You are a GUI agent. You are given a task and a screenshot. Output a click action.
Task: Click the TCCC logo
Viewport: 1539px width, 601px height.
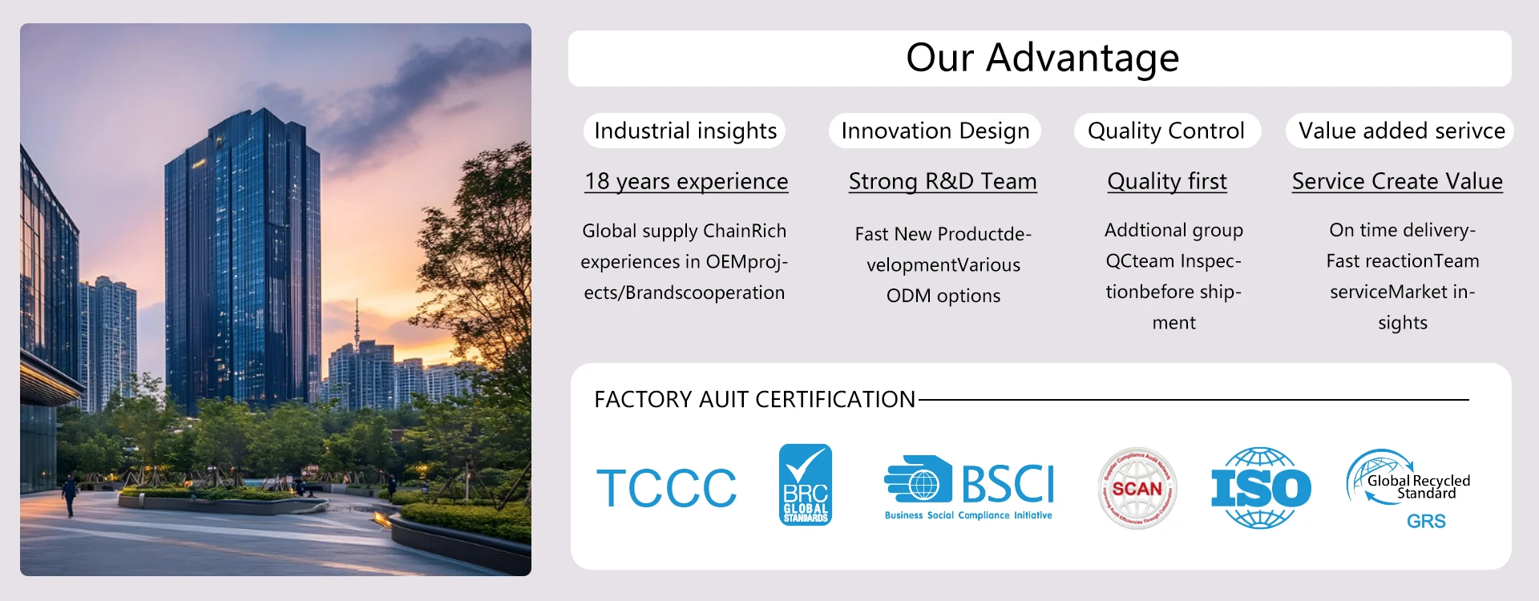666,488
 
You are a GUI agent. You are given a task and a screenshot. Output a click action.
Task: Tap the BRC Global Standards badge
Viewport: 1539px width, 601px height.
806,485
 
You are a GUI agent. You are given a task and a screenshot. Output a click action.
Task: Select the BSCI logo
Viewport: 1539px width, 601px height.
969,488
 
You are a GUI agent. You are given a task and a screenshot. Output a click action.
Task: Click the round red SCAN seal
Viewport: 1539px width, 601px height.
1137,488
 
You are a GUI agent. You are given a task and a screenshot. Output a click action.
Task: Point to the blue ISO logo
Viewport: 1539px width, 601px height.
1261,488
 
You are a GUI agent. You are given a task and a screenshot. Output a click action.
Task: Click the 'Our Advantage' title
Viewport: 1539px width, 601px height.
1042,58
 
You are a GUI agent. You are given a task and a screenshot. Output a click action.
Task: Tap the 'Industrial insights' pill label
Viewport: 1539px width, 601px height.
685,131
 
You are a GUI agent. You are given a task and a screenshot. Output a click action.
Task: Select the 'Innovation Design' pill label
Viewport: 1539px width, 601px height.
935,131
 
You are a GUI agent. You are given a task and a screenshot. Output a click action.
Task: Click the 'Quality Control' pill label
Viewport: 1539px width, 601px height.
1166,131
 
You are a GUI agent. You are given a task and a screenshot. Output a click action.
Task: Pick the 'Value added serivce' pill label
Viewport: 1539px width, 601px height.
1401,131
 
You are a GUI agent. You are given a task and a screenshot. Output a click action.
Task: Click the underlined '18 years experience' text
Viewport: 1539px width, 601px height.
686,182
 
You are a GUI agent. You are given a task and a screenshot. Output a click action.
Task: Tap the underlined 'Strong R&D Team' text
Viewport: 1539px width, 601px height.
943,182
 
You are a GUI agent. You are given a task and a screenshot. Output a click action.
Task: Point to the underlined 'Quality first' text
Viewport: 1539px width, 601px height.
1167,182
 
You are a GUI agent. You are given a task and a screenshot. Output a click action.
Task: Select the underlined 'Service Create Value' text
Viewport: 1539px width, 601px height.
1397,182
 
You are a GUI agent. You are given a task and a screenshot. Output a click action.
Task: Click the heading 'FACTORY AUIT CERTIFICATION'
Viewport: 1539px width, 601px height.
754,399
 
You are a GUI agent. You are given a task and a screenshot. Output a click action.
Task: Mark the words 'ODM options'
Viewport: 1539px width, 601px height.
943,296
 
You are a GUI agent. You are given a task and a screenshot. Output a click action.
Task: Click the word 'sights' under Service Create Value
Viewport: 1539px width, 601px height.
1403,323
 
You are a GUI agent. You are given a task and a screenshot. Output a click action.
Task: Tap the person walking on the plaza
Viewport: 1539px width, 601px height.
70,494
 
